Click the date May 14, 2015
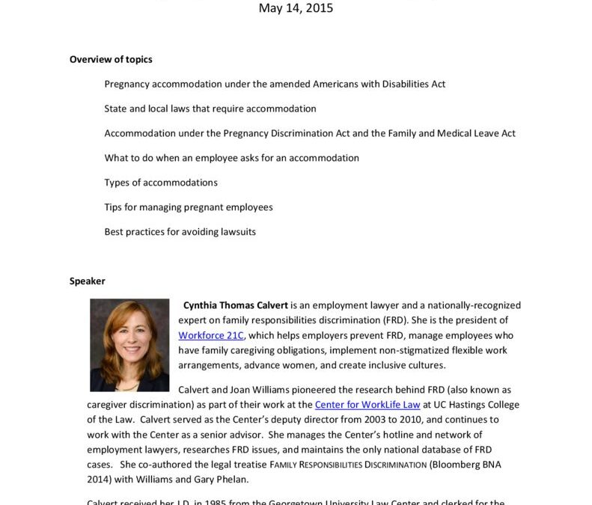pyautogui.click(x=296, y=9)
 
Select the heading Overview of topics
pyautogui.click(x=111, y=59)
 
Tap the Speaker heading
pyautogui.click(x=88, y=281)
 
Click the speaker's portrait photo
pyautogui.click(x=129, y=345)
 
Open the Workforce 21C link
pyautogui.click(x=211, y=335)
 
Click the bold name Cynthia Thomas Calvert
pyautogui.click(x=235, y=305)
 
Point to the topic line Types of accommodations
pyautogui.click(x=161, y=183)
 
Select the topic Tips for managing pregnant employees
pyautogui.click(x=188, y=207)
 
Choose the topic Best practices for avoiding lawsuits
pyautogui.click(x=180, y=232)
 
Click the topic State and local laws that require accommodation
pyautogui.click(x=210, y=108)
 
